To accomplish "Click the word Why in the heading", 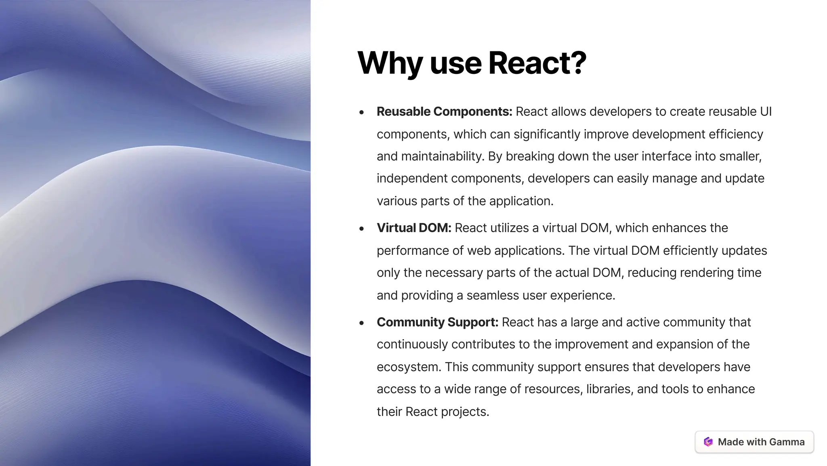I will pyautogui.click(x=390, y=63).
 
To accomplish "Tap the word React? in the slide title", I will pyautogui.click(x=537, y=63).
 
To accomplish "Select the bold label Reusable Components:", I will pyautogui.click(x=444, y=111).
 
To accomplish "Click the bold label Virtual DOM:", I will pyautogui.click(x=414, y=228).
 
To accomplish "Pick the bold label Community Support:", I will pyautogui.click(x=437, y=322).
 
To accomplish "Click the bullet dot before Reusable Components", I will pyautogui.click(x=361, y=112).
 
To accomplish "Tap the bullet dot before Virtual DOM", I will pyautogui.click(x=361, y=229).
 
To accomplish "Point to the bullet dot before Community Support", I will pyautogui.click(x=361, y=323).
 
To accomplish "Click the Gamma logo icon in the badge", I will pyautogui.click(x=708, y=442).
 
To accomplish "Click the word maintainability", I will pyautogui.click(x=443, y=156).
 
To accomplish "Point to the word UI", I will pyautogui.click(x=766, y=111).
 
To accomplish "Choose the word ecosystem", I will pyautogui.click(x=409, y=367).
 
